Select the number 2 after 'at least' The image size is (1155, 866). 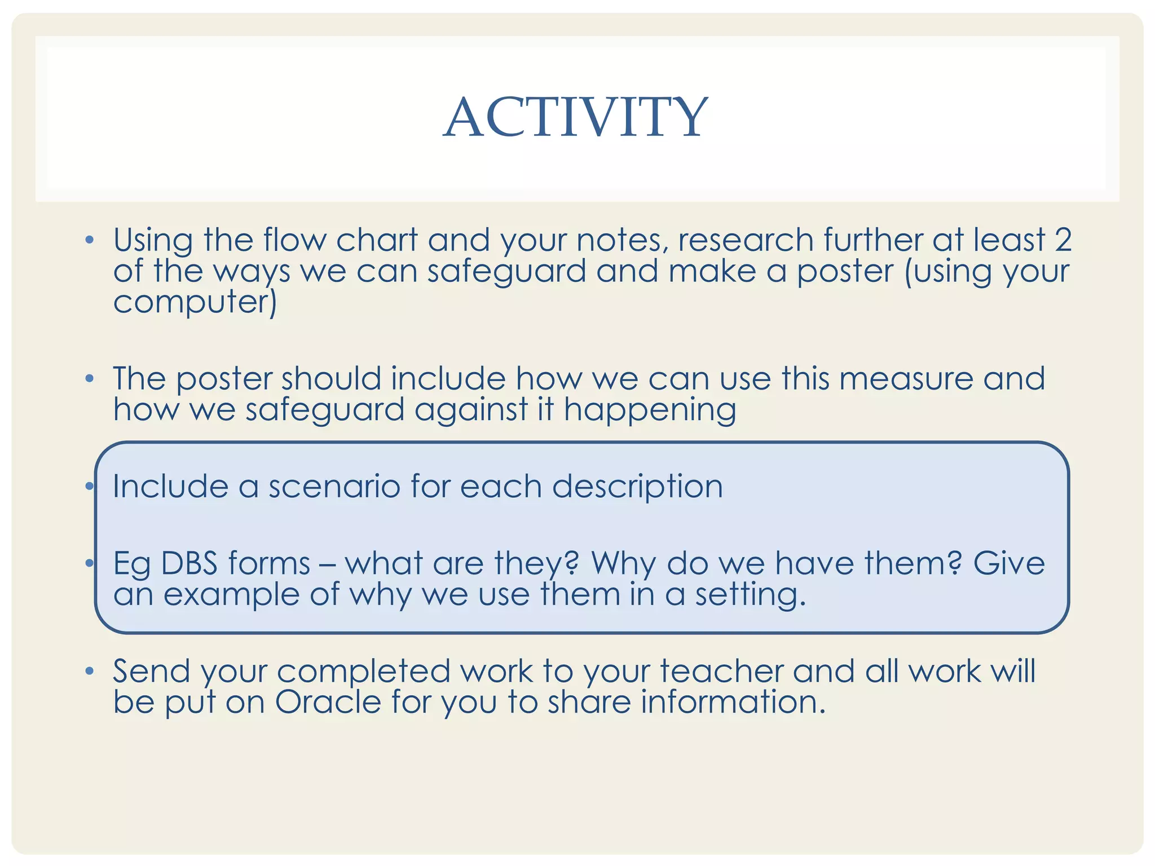1063,240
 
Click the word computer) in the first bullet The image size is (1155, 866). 195,302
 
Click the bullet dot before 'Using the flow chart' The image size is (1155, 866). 89,241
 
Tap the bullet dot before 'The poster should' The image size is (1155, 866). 89,379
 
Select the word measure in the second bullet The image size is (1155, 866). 906,378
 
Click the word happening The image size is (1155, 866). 650,410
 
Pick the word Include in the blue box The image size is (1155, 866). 170,486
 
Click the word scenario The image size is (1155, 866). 334,486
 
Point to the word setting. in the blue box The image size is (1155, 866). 750,595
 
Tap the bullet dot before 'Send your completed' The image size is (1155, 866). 89,671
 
